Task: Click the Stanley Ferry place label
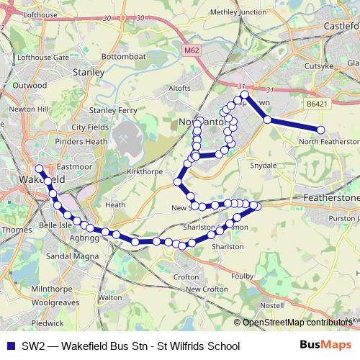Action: click(x=113, y=110)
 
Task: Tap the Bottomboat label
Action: click(x=124, y=55)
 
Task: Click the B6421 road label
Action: click(x=315, y=105)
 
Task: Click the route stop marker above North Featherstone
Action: click(x=321, y=130)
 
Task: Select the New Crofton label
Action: click(x=207, y=289)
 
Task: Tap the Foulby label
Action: click(x=261, y=274)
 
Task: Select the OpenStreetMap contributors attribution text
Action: click(x=297, y=322)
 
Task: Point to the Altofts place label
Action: click(x=179, y=89)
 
